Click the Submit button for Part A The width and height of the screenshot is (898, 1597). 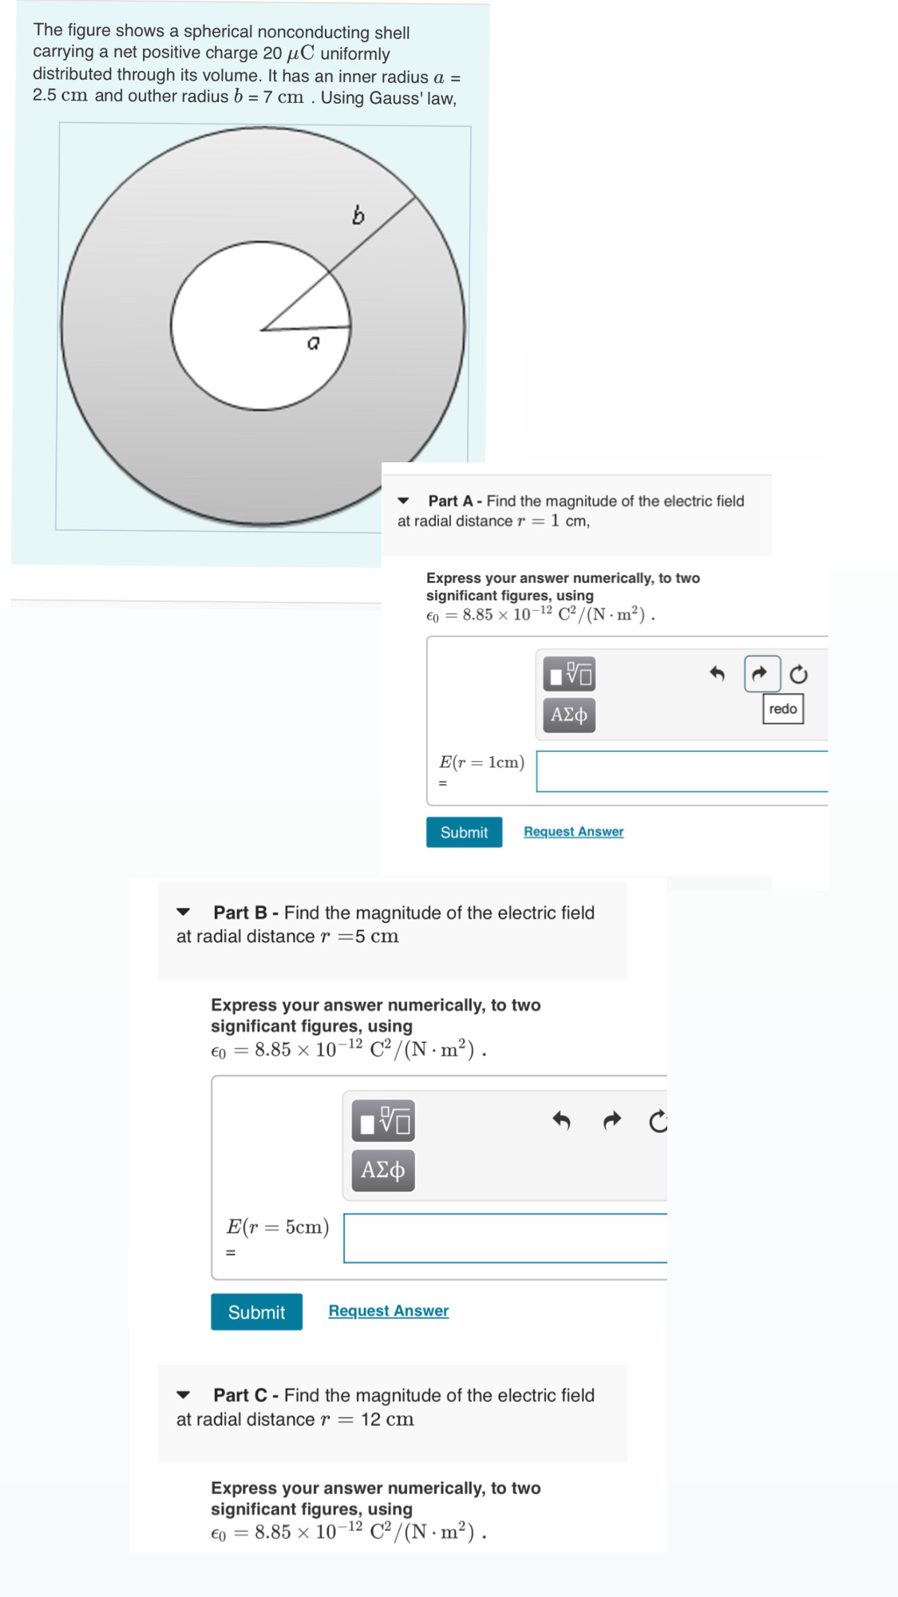coord(464,832)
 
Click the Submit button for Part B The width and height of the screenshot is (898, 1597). coord(256,1312)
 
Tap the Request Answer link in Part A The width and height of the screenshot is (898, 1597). coord(573,831)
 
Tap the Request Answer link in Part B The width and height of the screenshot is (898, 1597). coord(388,1310)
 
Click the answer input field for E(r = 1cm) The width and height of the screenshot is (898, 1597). coord(681,771)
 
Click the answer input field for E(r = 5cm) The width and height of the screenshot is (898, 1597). coord(504,1238)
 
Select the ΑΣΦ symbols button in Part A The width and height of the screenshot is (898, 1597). coord(569,715)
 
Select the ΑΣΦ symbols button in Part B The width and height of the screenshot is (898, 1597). coord(383,1171)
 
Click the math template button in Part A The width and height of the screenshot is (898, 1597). coord(569,674)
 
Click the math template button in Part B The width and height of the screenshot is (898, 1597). coord(383,1122)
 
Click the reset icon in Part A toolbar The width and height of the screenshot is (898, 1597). coord(798,675)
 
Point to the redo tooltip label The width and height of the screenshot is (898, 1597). coord(782,709)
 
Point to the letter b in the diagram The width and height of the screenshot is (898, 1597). coord(358,215)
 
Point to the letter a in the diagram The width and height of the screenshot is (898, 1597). coord(314,343)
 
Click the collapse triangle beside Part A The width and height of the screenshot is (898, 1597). coord(404,501)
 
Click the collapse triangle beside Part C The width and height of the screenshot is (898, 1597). coord(184,1395)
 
